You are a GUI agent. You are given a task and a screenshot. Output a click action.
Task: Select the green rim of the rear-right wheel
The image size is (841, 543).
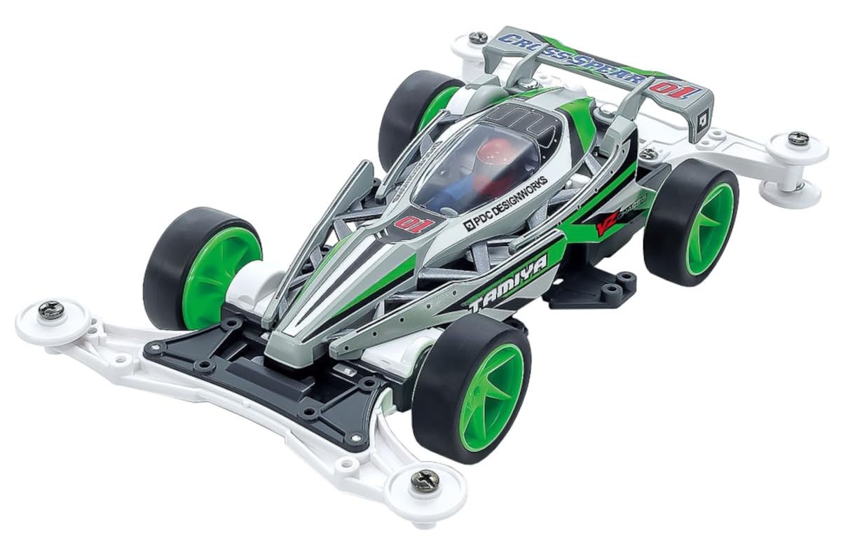[x=709, y=220]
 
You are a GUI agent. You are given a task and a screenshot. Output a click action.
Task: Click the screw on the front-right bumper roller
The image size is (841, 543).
[x=425, y=480]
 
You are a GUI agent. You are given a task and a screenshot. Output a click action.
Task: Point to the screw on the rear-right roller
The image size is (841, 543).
[x=798, y=138]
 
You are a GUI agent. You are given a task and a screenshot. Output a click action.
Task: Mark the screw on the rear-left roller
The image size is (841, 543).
[x=478, y=37]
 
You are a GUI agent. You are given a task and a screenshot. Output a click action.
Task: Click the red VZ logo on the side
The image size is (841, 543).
[x=606, y=226]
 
